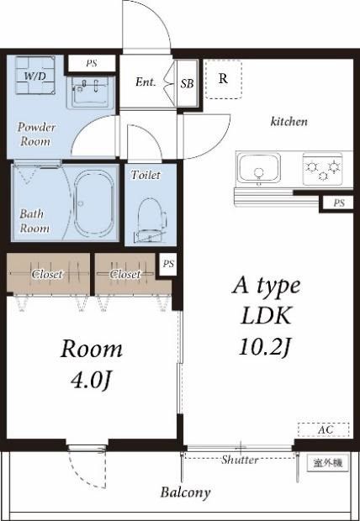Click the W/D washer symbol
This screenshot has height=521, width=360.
(x=35, y=76)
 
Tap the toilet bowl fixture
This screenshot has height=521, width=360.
(x=151, y=220)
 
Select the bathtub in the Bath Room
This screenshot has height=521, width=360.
(x=94, y=203)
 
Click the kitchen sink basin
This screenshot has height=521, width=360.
(x=258, y=168)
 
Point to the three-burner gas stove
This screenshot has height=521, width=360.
(x=323, y=169)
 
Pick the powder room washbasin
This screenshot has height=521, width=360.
(x=91, y=92)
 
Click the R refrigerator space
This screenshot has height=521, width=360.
(x=223, y=79)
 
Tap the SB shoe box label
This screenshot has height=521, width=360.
(x=187, y=83)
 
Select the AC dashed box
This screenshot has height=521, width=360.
(x=324, y=430)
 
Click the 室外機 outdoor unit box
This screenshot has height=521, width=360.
(x=328, y=462)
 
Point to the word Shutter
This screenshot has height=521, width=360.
(x=240, y=460)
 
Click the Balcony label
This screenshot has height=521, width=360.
(x=185, y=492)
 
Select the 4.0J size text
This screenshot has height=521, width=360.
(x=91, y=381)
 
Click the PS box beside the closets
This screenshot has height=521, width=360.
(x=168, y=265)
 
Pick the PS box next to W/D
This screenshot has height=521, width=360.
(x=92, y=64)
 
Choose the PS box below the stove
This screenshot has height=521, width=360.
(x=339, y=203)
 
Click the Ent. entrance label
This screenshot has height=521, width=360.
(x=146, y=82)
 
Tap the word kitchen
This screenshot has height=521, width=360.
(x=289, y=122)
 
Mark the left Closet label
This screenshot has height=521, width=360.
(x=47, y=274)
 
